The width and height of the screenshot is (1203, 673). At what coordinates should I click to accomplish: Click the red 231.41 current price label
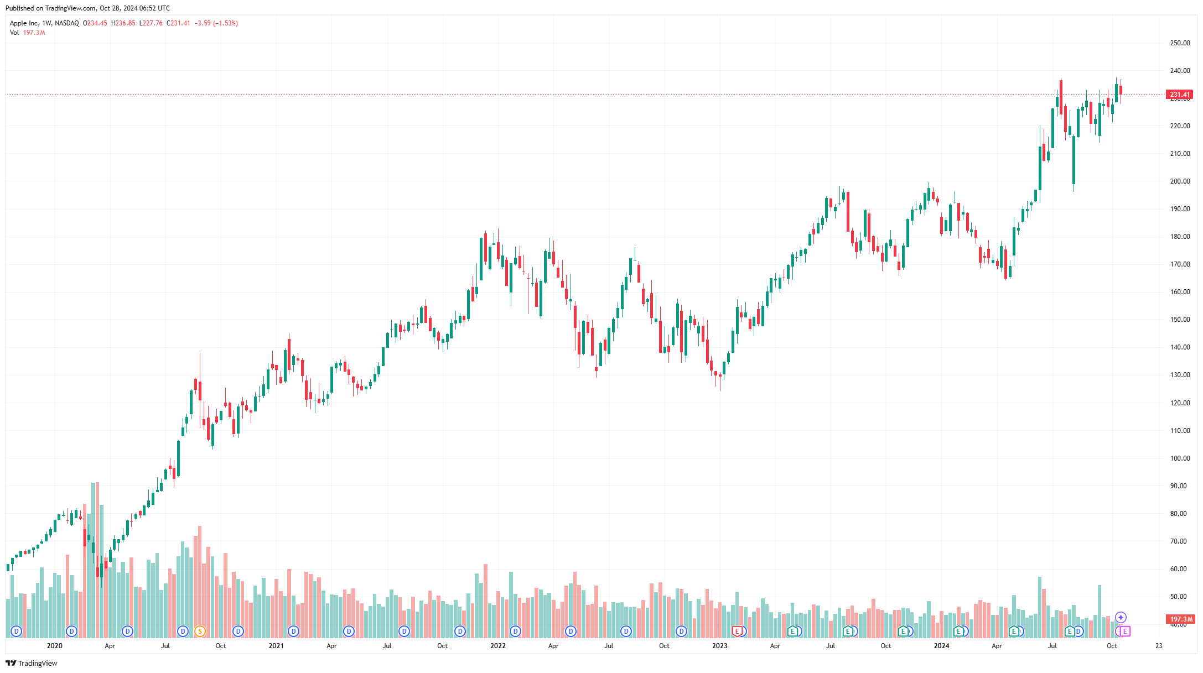(1179, 95)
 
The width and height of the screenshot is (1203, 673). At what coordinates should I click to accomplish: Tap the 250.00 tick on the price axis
(1180, 43)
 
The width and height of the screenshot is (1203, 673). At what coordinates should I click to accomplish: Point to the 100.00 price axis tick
(1180, 458)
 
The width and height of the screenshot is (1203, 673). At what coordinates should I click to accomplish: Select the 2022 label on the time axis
(497, 646)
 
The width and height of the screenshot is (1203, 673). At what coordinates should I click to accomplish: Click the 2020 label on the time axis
(54, 646)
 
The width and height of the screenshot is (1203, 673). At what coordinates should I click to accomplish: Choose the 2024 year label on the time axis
(941, 646)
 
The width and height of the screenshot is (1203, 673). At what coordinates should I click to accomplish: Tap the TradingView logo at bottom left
(32, 663)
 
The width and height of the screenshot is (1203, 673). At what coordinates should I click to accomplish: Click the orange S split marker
(200, 631)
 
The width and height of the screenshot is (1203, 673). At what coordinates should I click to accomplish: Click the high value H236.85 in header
(123, 23)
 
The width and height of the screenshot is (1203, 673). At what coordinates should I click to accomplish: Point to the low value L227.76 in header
(151, 23)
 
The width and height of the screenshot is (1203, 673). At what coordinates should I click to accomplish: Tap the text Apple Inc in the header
(24, 23)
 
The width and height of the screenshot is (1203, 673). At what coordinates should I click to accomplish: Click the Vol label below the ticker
(14, 33)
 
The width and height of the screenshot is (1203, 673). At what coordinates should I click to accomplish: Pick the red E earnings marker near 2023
(737, 631)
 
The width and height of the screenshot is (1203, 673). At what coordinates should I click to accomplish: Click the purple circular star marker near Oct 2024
(1121, 617)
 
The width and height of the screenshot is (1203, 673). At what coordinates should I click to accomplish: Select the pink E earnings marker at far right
(1124, 631)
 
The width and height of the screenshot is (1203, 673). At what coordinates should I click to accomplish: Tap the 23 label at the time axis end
(1159, 646)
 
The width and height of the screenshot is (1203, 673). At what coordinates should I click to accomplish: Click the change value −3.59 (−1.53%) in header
(216, 23)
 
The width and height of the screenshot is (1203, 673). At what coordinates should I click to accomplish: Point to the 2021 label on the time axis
(276, 646)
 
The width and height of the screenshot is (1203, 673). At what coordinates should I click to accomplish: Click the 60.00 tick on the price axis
(1180, 569)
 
